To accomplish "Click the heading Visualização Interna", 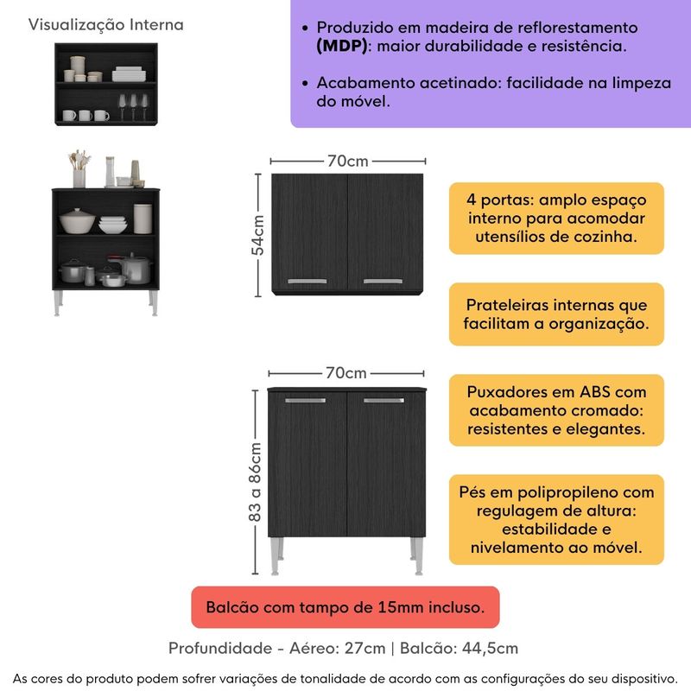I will coord(106,24).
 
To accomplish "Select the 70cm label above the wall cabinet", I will coord(348,162).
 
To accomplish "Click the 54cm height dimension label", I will coord(257,234).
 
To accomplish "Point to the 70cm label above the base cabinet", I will coord(346,373).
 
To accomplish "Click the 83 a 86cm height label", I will coord(256,482).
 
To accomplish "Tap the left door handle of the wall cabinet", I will coord(306,281).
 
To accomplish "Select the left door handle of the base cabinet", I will coord(305,400).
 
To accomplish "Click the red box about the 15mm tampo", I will coord(345,608).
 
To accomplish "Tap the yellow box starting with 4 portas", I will coord(555,218).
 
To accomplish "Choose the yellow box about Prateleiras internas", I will coord(555,315).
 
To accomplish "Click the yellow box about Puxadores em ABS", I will coord(555,409).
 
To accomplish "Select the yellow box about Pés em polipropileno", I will coord(555,519).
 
